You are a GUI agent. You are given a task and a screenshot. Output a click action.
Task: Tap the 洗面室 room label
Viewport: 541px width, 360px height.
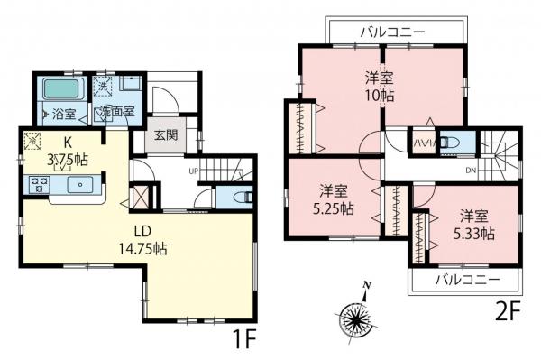tap(116, 112)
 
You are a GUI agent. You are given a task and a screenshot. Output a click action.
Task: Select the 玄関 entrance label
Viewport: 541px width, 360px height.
tap(166, 135)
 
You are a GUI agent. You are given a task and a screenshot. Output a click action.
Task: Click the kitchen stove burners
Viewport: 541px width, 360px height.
tap(40, 184)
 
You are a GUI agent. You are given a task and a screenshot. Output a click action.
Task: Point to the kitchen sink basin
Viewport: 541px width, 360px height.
tap(80, 184)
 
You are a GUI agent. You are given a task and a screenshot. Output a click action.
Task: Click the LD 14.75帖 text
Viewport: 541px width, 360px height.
tap(142, 239)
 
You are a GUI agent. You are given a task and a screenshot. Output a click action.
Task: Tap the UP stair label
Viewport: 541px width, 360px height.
tap(193, 171)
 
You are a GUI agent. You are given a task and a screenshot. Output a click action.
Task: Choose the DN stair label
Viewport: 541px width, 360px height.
tap(471, 170)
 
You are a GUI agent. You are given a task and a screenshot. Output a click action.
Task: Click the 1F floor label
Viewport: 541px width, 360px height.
tap(243, 338)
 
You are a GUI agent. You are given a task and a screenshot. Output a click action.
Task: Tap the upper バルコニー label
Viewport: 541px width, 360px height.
tap(393, 32)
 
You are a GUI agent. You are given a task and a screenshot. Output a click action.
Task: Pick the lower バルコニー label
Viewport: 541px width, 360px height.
tap(467, 279)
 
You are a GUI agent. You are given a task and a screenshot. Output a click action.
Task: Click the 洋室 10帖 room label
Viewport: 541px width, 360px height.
tap(380, 86)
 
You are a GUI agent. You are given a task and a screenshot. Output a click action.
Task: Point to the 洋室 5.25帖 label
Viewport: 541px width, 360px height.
tap(334, 199)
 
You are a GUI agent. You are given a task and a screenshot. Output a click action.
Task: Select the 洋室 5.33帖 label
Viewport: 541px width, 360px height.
tap(474, 225)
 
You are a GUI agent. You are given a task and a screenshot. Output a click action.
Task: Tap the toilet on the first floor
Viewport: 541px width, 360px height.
tap(243, 197)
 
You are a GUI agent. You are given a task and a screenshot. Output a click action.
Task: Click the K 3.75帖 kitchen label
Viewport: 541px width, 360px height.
tap(68, 152)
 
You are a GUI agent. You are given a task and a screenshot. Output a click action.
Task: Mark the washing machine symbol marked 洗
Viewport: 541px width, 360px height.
tap(103, 86)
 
